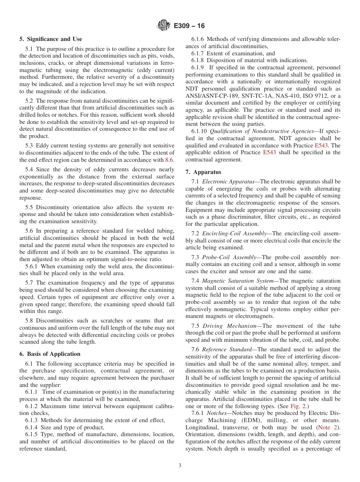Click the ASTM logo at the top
click(164, 26)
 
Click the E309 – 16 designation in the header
click(189, 26)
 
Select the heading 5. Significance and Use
click(51, 39)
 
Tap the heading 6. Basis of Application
click(50, 354)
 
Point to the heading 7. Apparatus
click(203, 172)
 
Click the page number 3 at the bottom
click(180, 466)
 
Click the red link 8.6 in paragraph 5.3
click(169, 160)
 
